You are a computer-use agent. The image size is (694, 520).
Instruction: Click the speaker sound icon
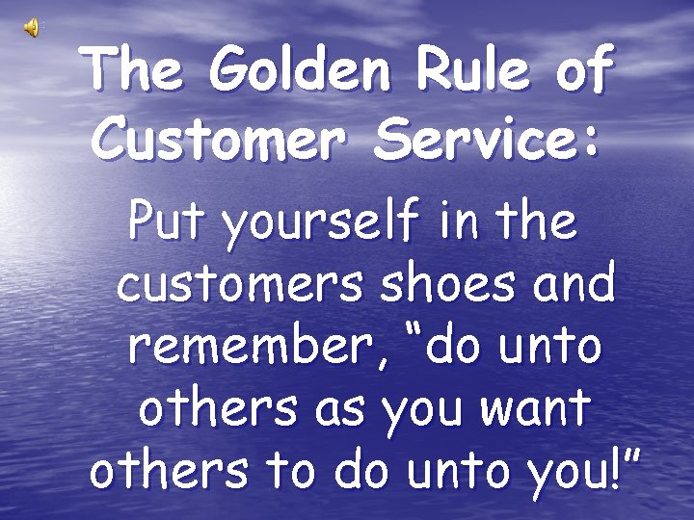point(32,28)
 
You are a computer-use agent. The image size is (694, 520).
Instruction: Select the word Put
point(165,222)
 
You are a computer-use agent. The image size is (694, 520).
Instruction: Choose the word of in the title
point(583,70)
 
